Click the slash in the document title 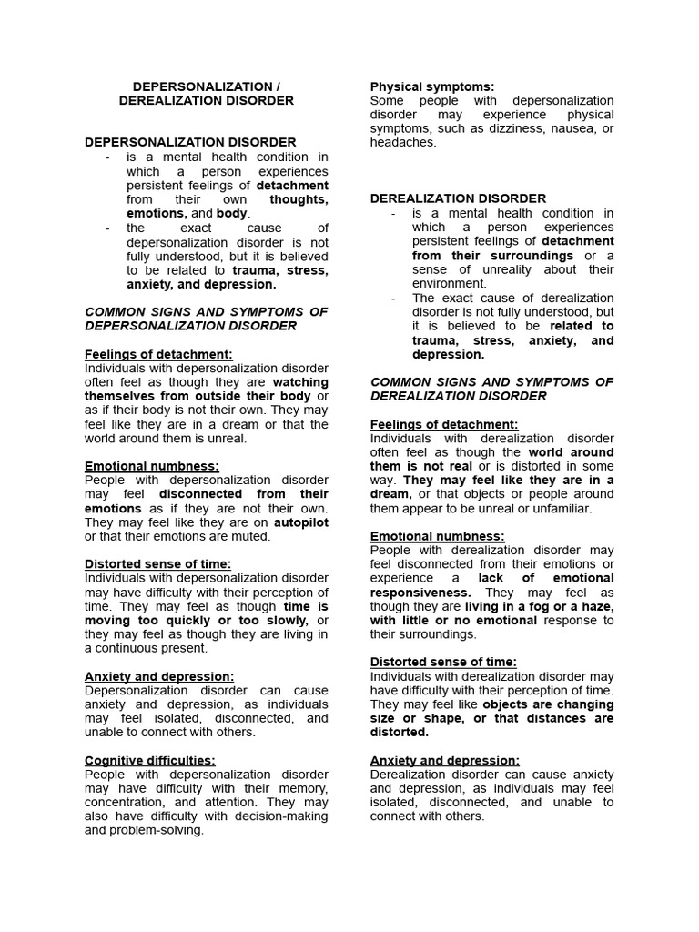coord(279,86)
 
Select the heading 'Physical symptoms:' coord(420,86)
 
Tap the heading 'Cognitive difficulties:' coord(150,760)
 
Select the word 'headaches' coord(401,142)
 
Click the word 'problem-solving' coord(158,829)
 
